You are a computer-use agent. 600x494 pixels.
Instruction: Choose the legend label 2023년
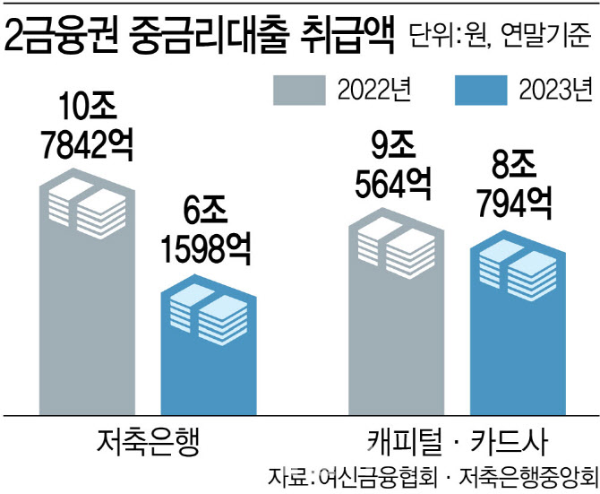(x=556, y=92)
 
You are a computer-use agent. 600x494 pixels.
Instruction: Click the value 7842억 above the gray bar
(x=87, y=144)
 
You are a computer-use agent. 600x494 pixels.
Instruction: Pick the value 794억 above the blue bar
(x=516, y=206)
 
